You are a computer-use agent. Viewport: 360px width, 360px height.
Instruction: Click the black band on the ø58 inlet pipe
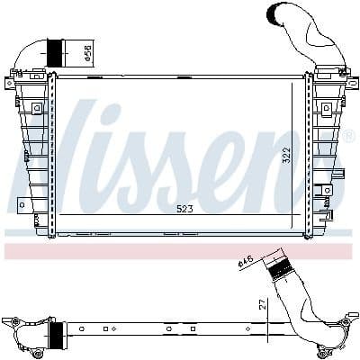point(56,52)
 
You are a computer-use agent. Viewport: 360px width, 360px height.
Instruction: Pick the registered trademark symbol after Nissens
point(347,137)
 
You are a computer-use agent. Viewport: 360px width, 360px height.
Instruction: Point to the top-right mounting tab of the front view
point(350,82)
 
